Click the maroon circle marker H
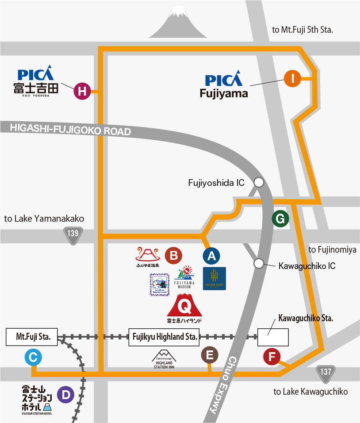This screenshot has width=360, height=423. [x=82, y=92]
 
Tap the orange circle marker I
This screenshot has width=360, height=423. [x=292, y=79]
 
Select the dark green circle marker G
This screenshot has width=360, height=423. [x=280, y=218]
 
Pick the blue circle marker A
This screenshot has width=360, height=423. [x=211, y=255]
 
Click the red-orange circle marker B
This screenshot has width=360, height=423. [x=173, y=255]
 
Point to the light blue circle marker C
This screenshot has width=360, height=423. [x=33, y=357]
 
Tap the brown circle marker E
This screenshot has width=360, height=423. [x=210, y=354]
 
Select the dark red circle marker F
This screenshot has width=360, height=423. [x=272, y=357]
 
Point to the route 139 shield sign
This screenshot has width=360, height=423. [x=73, y=235]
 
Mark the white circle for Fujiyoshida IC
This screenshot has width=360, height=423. [x=259, y=182]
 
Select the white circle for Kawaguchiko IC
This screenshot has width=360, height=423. [x=259, y=264]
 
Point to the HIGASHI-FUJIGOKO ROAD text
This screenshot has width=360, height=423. [x=71, y=129]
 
